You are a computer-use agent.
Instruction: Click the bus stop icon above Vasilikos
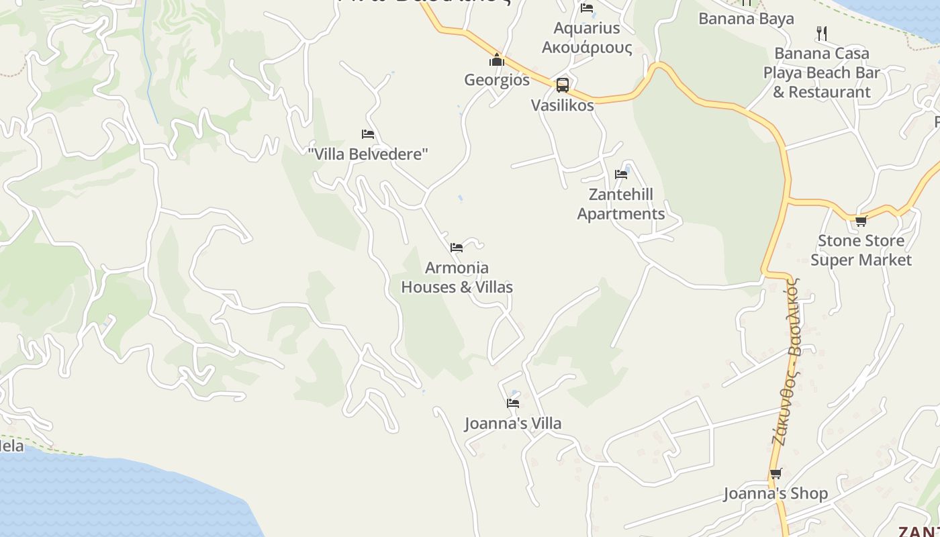pos(563,85)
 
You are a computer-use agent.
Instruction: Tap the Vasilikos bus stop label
pos(563,105)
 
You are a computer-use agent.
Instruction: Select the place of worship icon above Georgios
pos(497,60)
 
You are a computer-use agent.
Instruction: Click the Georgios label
pos(497,80)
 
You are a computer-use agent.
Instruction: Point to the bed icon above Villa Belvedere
pos(368,134)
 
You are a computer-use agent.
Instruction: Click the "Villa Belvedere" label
pos(368,154)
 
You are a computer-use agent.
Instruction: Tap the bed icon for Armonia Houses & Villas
pos(457,248)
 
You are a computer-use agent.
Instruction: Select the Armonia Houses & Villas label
pos(457,277)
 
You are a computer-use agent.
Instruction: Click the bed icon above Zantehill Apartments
pos(621,175)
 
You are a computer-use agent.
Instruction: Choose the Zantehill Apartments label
pos(621,204)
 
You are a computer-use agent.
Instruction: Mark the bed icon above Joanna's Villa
pos(513,403)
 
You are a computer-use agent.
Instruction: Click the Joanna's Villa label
pos(513,424)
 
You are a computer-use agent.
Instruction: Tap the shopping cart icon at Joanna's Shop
pos(775,474)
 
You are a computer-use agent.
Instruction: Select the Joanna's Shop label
pos(775,494)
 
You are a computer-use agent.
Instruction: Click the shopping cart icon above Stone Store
pos(861,221)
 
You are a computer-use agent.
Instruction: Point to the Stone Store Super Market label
pos(861,250)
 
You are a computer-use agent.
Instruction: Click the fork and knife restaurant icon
pos(821,33)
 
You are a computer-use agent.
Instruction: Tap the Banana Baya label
pos(746,19)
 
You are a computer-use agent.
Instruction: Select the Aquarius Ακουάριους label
pos(587,38)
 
